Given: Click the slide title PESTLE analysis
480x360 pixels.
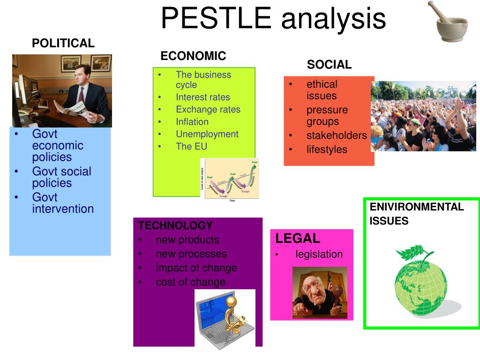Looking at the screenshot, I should (273, 19).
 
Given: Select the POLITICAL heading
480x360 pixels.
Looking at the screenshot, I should (63, 44).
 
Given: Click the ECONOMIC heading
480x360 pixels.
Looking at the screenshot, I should (193, 56).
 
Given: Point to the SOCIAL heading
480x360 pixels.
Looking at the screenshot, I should (329, 65).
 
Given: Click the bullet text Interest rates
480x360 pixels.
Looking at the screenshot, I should (203, 97).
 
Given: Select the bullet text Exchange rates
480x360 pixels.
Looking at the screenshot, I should (208, 110).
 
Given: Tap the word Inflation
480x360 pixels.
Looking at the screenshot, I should (192, 122).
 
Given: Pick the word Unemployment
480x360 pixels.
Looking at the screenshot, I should (207, 134).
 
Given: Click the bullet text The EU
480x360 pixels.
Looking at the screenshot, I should (191, 146).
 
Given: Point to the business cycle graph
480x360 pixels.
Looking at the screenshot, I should (230, 179).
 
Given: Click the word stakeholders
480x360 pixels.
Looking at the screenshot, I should (336, 135).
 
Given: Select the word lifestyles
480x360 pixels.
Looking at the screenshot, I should (327, 150).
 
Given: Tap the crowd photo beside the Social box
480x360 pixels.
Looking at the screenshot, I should (423, 116).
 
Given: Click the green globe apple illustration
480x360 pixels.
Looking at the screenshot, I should (420, 279).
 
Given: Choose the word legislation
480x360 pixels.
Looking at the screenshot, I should (319, 255).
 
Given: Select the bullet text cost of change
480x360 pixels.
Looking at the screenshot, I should (190, 282).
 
